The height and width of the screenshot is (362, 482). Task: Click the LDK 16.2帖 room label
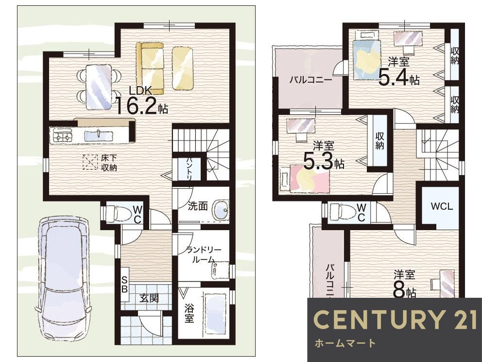(x=142, y=100)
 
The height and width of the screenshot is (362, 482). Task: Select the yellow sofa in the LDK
(x=150, y=68)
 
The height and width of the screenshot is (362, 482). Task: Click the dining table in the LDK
(x=98, y=87)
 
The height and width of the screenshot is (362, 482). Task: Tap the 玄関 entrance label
(x=149, y=298)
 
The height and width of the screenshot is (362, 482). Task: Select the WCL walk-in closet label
(x=442, y=206)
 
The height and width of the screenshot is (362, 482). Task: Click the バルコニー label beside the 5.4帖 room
(x=310, y=80)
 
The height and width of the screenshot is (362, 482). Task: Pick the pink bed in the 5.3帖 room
(x=305, y=179)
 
